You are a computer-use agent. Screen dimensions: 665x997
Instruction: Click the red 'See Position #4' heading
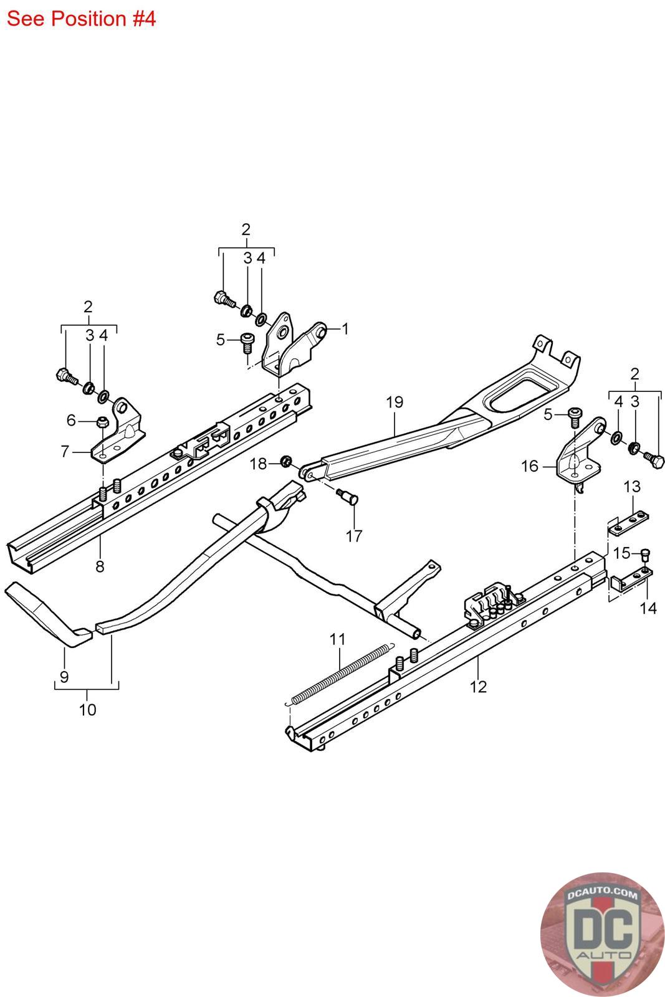(81, 19)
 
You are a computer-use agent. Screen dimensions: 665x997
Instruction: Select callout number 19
(395, 402)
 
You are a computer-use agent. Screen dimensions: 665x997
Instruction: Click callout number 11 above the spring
(337, 639)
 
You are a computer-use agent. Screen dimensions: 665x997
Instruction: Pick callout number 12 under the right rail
(479, 687)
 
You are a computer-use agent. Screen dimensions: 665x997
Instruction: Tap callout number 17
(354, 536)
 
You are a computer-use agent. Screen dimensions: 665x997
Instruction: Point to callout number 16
(530, 466)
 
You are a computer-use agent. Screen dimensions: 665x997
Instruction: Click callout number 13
(632, 487)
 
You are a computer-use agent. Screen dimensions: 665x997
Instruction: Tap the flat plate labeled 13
(628, 522)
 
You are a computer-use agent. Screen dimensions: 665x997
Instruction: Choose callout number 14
(648, 608)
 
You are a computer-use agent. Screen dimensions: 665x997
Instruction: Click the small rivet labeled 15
(645, 555)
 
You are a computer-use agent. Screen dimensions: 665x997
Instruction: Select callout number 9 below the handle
(64, 677)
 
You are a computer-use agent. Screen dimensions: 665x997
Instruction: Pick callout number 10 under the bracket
(88, 710)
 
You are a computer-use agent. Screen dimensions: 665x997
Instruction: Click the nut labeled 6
(103, 421)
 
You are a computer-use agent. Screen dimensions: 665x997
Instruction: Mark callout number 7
(65, 451)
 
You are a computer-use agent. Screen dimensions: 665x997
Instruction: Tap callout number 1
(345, 329)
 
